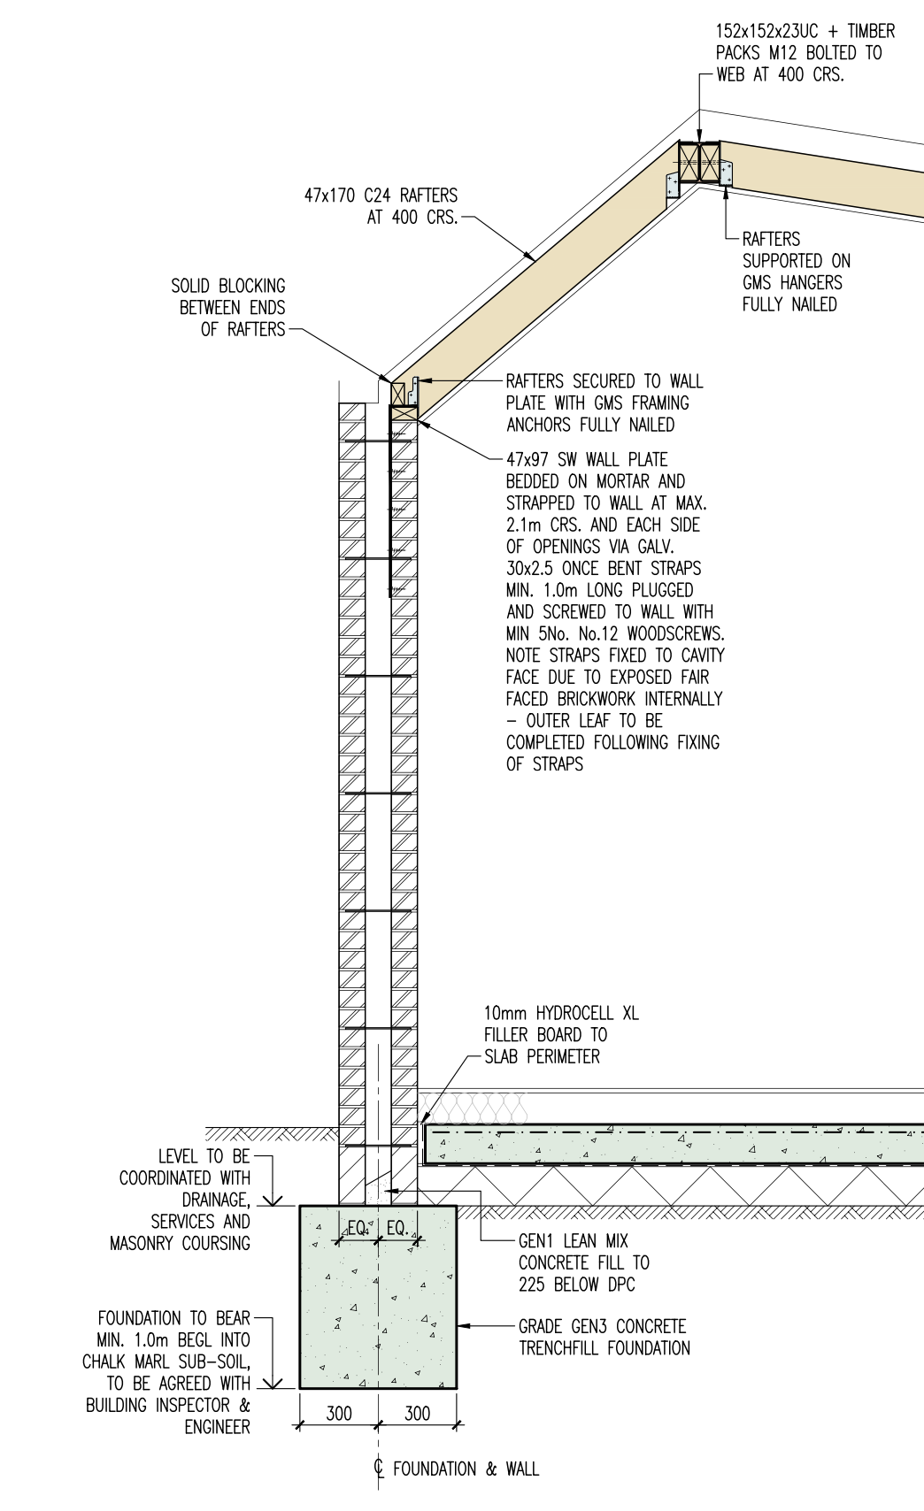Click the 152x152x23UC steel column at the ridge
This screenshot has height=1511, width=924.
(x=699, y=163)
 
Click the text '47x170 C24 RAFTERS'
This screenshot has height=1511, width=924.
(x=381, y=196)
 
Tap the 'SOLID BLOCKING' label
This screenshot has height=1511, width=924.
(x=228, y=286)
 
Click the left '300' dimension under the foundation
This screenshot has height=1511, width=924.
(x=339, y=1413)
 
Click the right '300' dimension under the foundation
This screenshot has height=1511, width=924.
(x=417, y=1413)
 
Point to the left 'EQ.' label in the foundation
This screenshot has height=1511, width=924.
(x=358, y=1228)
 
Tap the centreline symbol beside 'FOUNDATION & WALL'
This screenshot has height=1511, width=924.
(x=379, y=1469)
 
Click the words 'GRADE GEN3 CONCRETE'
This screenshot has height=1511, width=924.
(x=602, y=1326)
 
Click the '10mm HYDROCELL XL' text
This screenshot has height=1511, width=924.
(x=561, y=1013)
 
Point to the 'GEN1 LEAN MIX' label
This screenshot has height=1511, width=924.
(x=573, y=1240)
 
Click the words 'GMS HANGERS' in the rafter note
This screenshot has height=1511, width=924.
(x=792, y=282)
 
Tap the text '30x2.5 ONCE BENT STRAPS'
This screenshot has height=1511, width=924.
(x=604, y=568)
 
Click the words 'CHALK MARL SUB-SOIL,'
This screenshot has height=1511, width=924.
(x=166, y=1361)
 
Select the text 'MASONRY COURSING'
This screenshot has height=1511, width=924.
(x=180, y=1243)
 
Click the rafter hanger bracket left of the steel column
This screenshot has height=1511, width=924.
(x=673, y=184)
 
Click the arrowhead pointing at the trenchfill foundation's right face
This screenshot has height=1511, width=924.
(x=462, y=1326)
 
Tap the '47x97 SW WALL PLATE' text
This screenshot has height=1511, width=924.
(x=587, y=459)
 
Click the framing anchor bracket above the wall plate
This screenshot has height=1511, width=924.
(x=412, y=391)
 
